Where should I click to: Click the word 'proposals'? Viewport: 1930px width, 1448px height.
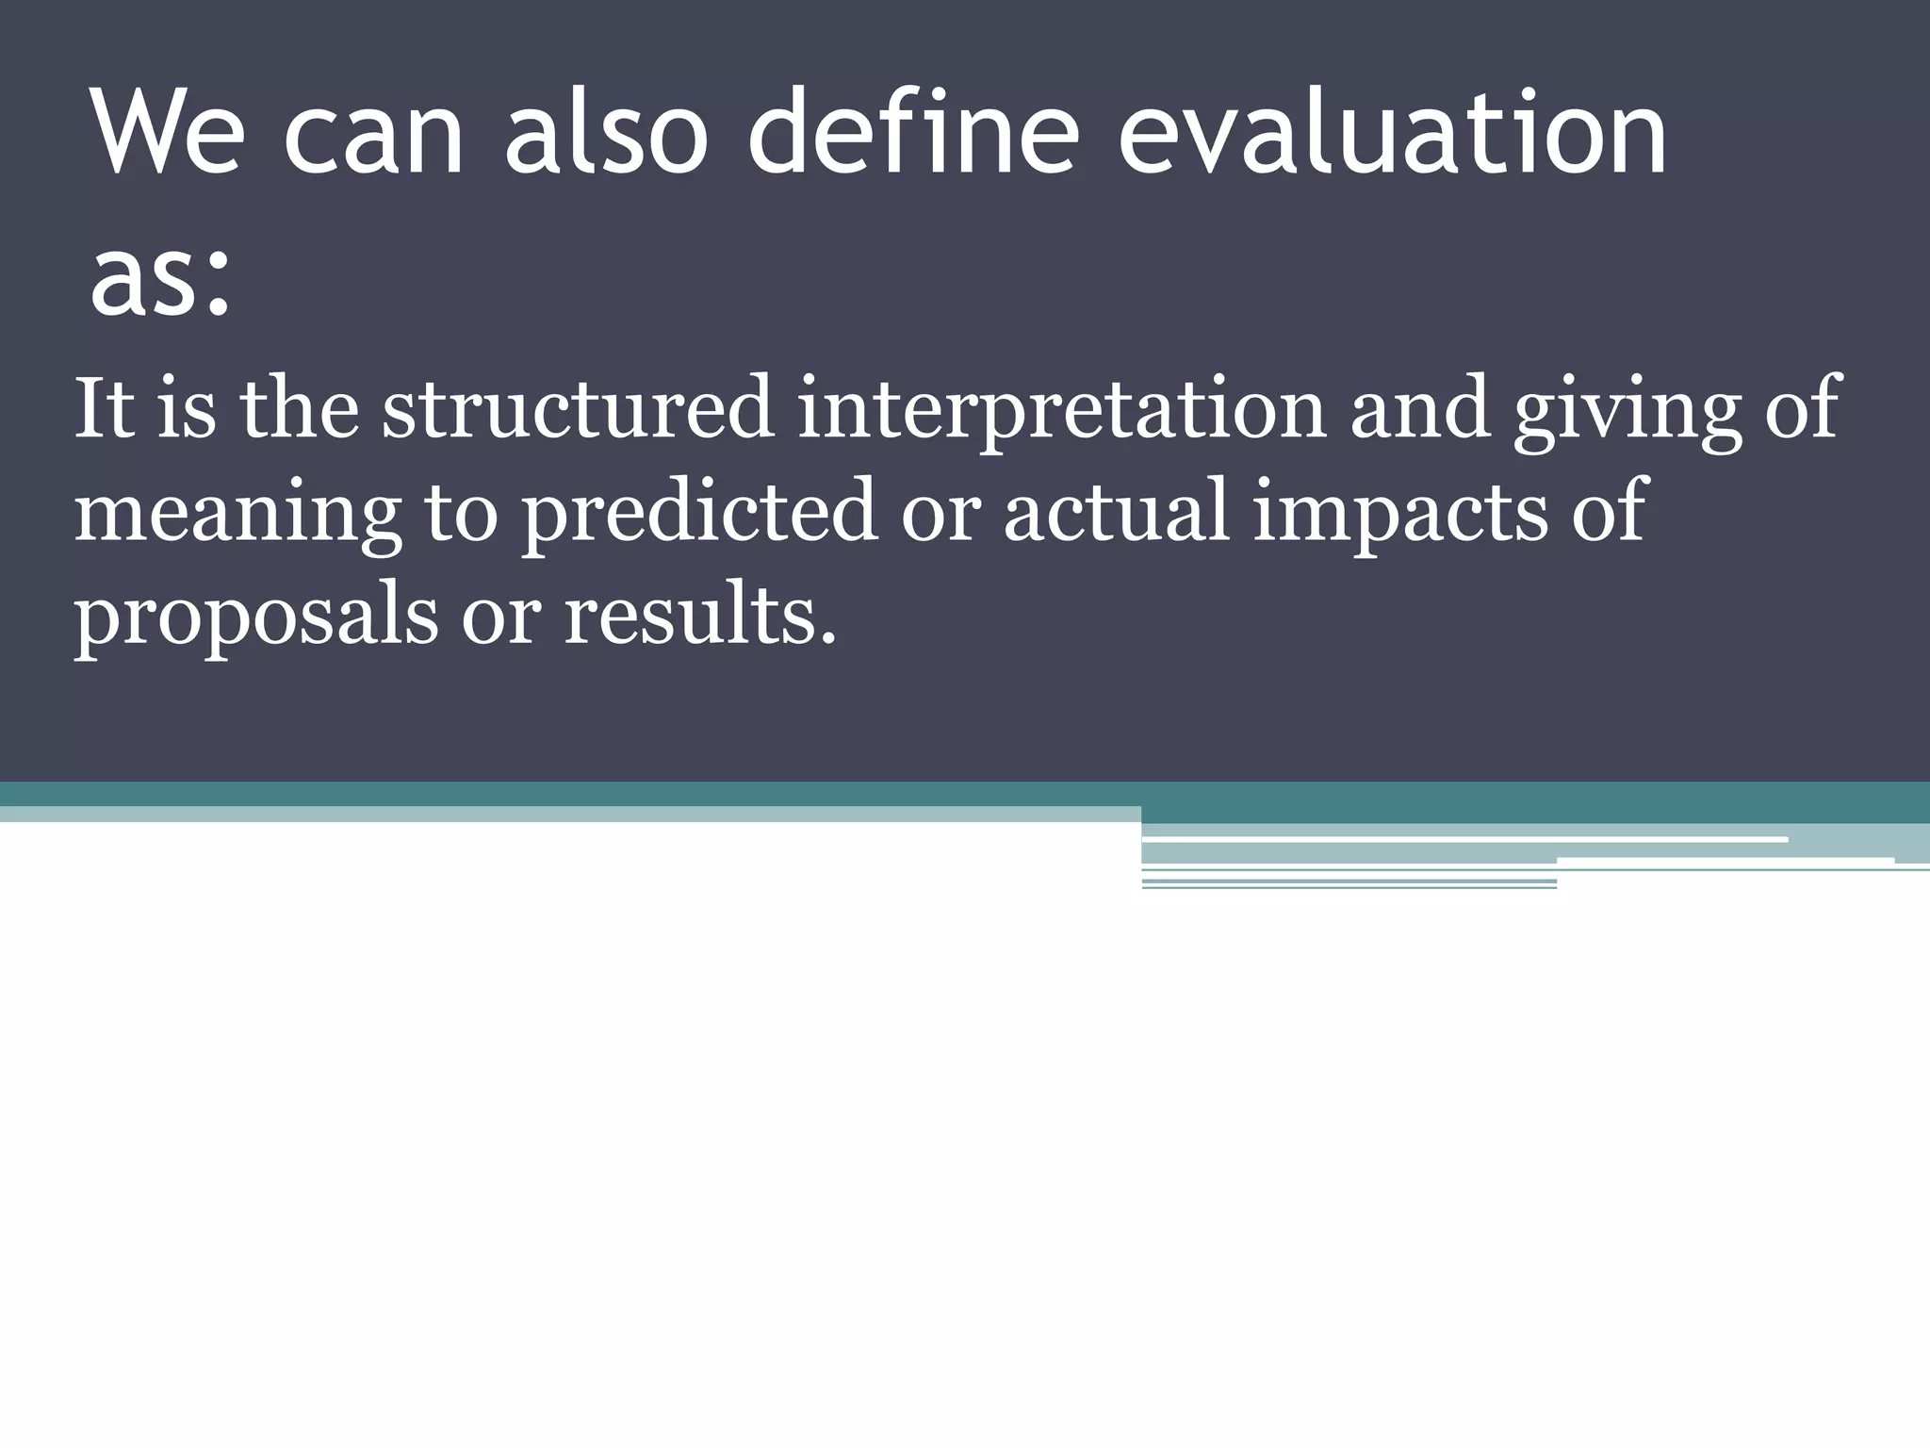pos(255,617)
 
